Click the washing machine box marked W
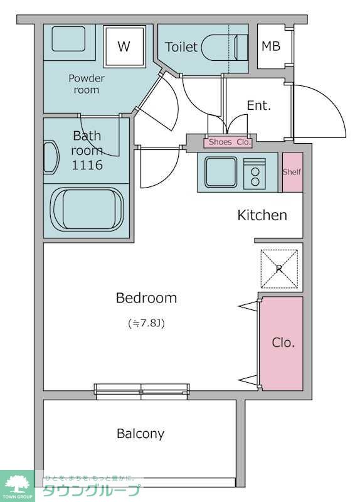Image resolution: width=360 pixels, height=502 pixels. pyautogui.click(x=124, y=46)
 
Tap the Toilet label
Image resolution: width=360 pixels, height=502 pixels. pyautogui.click(x=181, y=47)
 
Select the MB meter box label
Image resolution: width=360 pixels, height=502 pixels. pyautogui.click(x=271, y=46)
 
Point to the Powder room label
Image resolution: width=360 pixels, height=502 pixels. pyautogui.click(x=87, y=84)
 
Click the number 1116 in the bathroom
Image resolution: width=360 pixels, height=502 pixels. pyautogui.click(x=87, y=165)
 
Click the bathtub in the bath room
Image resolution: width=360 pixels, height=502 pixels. pyautogui.click(x=88, y=209)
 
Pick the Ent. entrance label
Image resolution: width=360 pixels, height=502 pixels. pyautogui.click(x=259, y=105)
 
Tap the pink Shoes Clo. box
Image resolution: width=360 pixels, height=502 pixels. pyautogui.click(x=228, y=142)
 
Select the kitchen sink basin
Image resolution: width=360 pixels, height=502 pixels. pyautogui.click(x=221, y=172)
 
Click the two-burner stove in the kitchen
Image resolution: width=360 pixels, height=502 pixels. pyautogui.click(x=255, y=174)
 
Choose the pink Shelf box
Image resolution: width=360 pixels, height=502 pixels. pyautogui.click(x=292, y=172)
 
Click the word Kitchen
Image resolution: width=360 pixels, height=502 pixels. pyautogui.click(x=262, y=215)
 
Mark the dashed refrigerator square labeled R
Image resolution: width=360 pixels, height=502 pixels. pyautogui.click(x=279, y=269)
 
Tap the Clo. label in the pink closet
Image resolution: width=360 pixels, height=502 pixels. pyautogui.click(x=283, y=343)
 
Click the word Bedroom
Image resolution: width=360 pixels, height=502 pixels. pyautogui.click(x=146, y=298)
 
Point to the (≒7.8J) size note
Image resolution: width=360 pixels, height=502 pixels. pyautogui.click(x=146, y=323)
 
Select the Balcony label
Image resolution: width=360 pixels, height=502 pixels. pyautogui.click(x=140, y=434)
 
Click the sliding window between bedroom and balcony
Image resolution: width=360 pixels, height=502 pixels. pyautogui.click(x=142, y=391)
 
